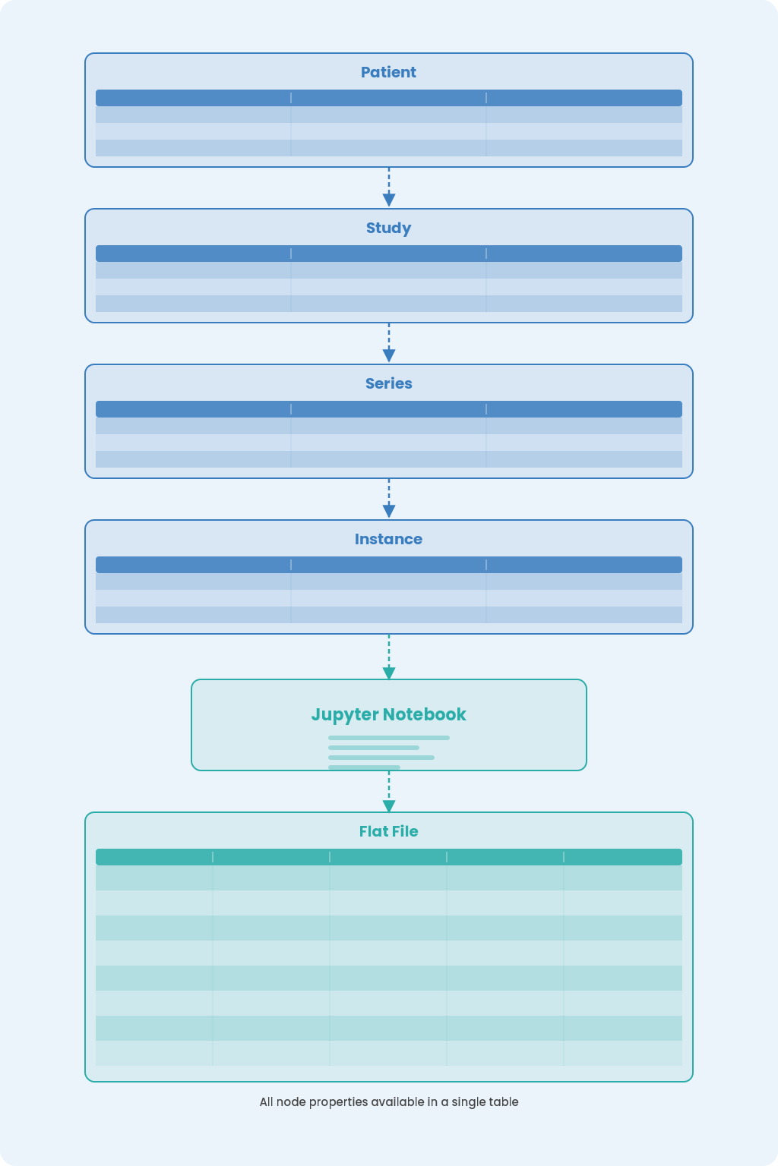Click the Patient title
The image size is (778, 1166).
tap(388, 72)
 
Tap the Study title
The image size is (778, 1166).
tap(388, 228)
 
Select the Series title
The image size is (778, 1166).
tap(388, 383)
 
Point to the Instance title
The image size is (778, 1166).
tap(388, 539)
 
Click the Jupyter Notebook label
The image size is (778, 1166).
tap(388, 714)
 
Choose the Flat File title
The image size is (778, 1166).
tap(388, 831)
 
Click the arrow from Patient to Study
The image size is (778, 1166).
tap(389, 188)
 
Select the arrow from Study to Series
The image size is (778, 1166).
tap(389, 343)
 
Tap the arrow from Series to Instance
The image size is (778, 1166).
tap(389, 499)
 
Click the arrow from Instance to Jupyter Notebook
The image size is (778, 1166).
tap(389, 657)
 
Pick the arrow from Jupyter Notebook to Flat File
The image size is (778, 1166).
tap(389, 792)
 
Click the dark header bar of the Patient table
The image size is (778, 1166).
tap(389, 98)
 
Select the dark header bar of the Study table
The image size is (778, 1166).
tap(389, 254)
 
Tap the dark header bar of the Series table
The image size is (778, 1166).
tap(389, 409)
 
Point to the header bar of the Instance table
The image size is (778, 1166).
tap(389, 565)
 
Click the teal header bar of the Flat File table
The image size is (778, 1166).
tap(389, 857)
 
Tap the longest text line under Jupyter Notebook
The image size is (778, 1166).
tap(389, 738)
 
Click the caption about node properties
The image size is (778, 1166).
tap(389, 1102)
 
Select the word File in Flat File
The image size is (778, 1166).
tap(405, 831)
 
